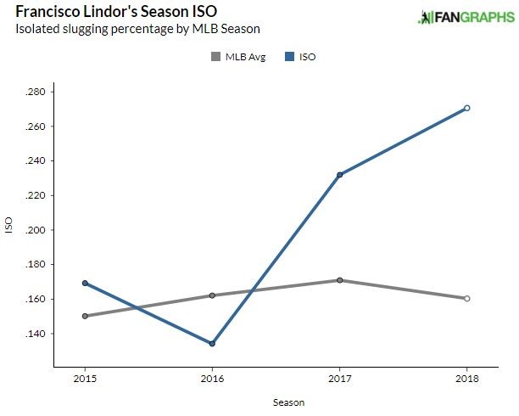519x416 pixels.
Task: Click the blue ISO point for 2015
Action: (x=84, y=283)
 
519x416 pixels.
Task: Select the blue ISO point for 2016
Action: (x=212, y=344)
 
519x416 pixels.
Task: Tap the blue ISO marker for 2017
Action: (x=339, y=175)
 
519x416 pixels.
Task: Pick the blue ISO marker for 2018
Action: (x=467, y=108)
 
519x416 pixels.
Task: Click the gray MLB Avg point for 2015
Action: (x=84, y=316)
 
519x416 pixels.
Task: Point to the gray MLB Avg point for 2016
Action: (x=212, y=295)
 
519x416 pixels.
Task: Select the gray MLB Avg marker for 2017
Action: (x=339, y=280)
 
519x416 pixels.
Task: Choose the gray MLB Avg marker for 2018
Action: (x=467, y=298)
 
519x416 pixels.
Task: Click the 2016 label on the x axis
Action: (x=212, y=377)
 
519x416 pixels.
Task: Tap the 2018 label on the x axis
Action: (x=467, y=377)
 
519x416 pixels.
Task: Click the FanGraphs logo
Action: (x=465, y=17)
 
